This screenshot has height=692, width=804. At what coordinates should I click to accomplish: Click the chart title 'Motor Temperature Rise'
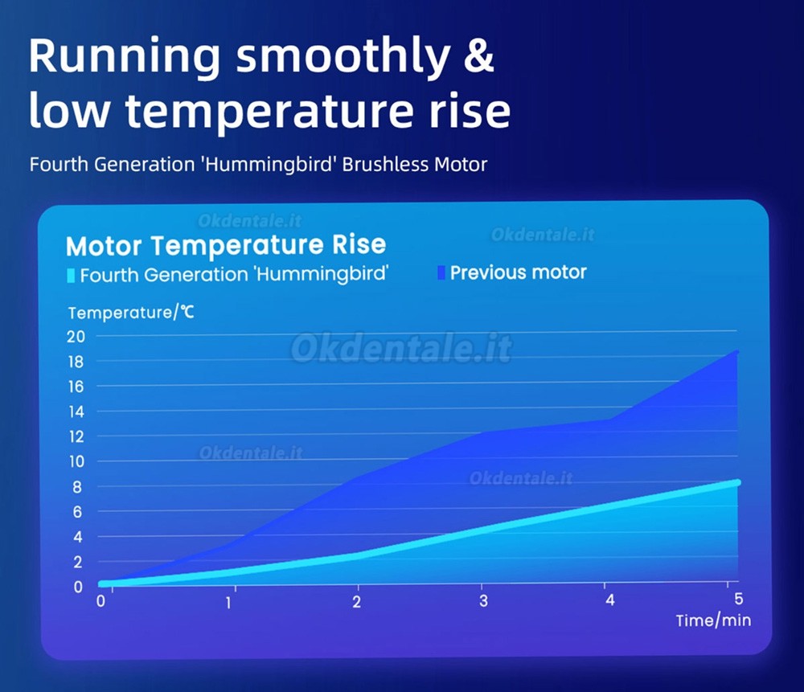tap(226, 245)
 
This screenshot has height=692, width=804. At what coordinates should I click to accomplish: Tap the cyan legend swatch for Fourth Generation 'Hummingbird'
tap(71, 275)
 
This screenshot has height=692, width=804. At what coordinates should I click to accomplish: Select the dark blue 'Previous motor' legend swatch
tap(441, 272)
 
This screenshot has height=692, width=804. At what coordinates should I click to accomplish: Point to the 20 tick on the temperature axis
tap(75, 336)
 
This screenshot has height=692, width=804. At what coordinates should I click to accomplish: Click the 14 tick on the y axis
tap(75, 412)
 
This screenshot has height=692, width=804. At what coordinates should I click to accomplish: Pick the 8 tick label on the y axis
tap(78, 486)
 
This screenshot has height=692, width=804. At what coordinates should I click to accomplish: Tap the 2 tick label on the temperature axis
tap(78, 562)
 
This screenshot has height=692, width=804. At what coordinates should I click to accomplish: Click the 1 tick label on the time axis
tap(229, 602)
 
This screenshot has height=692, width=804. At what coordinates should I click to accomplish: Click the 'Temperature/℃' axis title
tap(131, 313)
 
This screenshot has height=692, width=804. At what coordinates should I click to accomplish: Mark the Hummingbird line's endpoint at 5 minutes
tap(736, 482)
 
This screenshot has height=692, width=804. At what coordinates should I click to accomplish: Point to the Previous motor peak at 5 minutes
tap(736, 351)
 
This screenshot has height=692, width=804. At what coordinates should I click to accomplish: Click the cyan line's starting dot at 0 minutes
tap(102, 583)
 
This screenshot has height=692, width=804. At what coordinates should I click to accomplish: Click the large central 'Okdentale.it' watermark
tap(401, 348)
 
